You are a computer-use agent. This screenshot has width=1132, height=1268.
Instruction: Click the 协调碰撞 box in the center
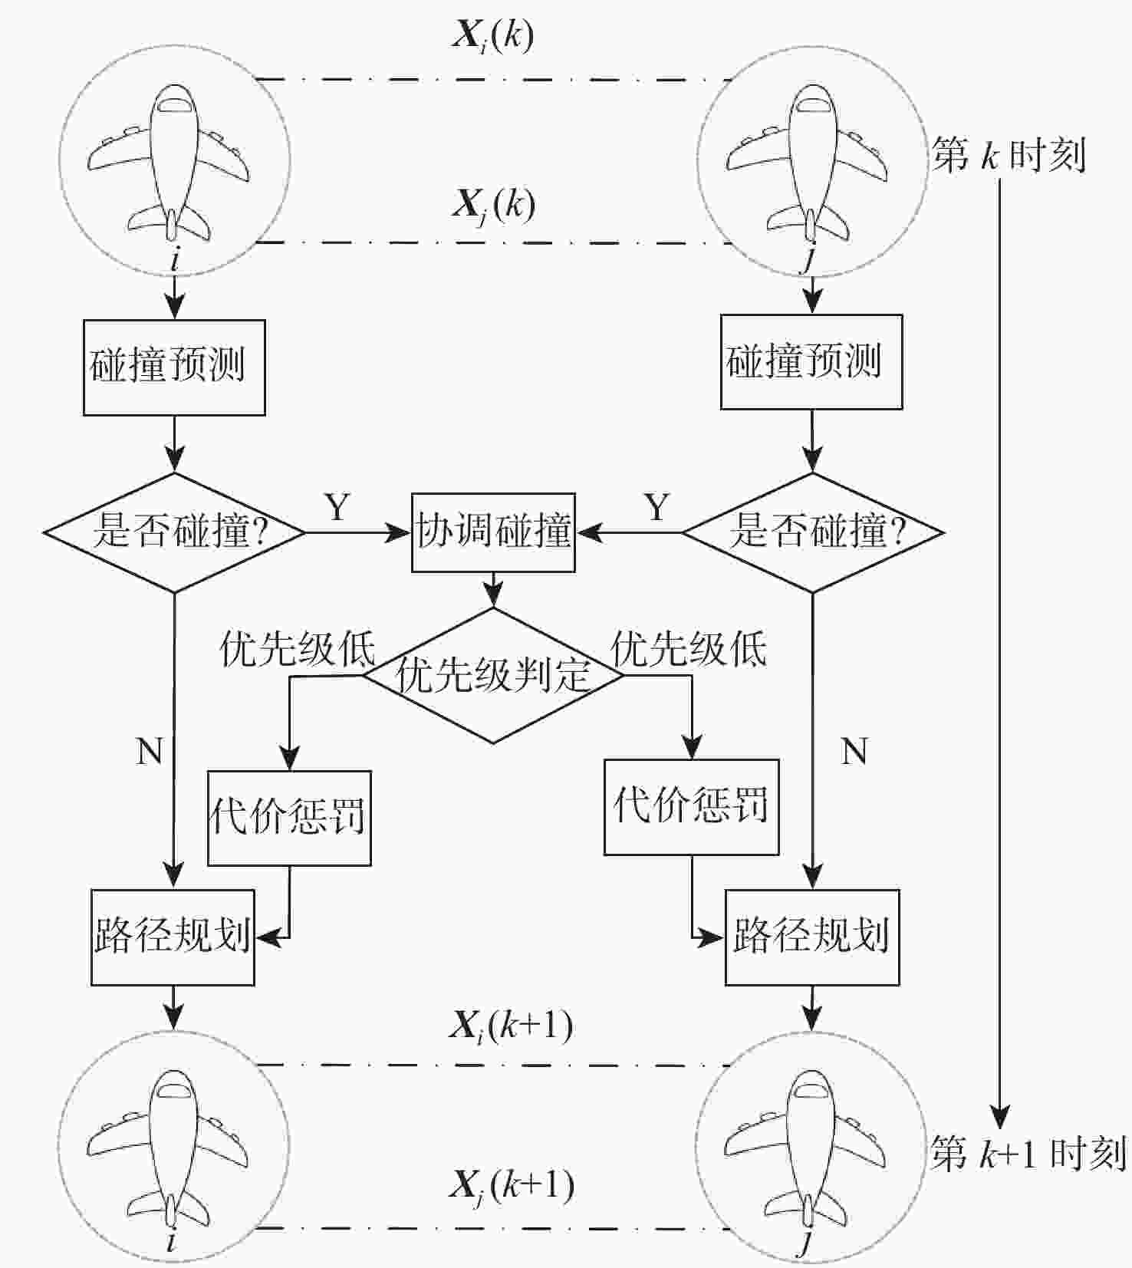click(x=493, y=532)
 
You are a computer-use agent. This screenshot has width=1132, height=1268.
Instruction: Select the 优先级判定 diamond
click(x=492, y=675)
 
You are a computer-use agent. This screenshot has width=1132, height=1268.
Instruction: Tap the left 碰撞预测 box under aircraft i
click(x=174, y=367)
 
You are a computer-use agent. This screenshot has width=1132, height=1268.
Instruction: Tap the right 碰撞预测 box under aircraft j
click(x=811, y=361)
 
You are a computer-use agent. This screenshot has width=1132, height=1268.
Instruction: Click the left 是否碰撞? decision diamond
click(x=175, y=532)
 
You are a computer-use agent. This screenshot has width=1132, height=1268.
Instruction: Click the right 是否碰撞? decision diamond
click(x=812, y=532)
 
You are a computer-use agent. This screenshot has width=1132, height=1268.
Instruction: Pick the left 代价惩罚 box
click(x=289, y=818)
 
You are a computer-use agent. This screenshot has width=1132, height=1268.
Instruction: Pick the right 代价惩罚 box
click(x=691, y=807)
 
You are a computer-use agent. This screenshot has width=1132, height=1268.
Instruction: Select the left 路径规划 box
click(x=173, y=937)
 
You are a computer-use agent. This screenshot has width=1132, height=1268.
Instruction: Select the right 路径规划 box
click(x=811, y=937)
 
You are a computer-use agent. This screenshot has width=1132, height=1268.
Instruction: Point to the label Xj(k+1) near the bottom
click(x=511, y=1187)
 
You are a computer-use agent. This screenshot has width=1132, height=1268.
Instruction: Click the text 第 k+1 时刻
click(x=1028, y=1153)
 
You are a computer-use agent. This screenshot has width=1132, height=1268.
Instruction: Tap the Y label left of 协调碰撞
click(x=337, y=507)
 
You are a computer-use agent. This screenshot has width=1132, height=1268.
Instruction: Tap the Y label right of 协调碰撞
click(x=656, y=507)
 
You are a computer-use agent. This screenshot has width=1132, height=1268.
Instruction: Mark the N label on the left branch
click(x=150, y=751)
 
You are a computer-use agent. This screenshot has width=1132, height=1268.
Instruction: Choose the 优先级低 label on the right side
click(x=688, y=649)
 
